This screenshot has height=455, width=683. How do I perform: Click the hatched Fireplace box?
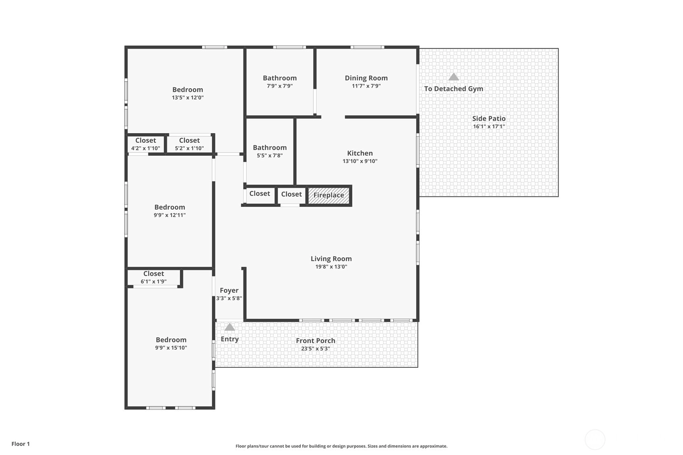(x=329, y=196)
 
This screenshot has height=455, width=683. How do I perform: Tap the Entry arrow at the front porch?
(x=229, y=327)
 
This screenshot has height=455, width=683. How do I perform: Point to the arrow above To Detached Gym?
(x=454, y=76)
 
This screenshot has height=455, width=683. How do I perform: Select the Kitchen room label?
(x=360, y=153)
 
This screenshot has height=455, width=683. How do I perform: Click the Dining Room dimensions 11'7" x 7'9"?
(x=366, y=86)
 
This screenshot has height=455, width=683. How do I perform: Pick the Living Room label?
(x=331, y=259)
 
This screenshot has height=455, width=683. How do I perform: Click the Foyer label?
(x=229, y=290)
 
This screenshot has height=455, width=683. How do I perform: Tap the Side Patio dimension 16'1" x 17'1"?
(x=489, y=126)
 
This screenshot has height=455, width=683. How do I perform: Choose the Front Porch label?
(x=316, y=341)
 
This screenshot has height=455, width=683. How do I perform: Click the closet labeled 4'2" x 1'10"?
(x=145, y=144)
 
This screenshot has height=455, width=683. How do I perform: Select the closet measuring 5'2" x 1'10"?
(x=189, y=144)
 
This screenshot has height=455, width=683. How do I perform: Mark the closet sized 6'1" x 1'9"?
(x=154, y=277)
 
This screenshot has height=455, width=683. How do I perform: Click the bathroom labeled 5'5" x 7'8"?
(x=270, y=151)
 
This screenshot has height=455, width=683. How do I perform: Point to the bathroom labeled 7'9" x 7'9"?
(x=280, y=82)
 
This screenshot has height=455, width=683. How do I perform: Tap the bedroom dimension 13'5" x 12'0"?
(x=188, y=97)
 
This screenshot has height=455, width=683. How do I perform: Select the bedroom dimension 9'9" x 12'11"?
(x=169, y=215)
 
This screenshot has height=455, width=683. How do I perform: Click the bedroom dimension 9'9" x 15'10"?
(x=171, y=348)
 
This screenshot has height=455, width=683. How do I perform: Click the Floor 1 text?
(x=21, y=444)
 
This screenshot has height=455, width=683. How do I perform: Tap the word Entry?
(x=229, y=339)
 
